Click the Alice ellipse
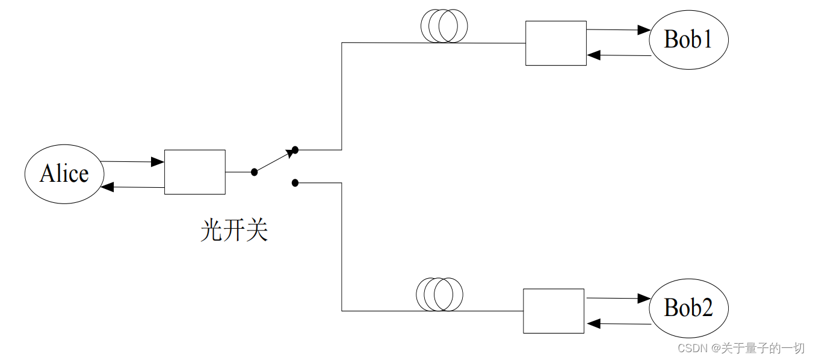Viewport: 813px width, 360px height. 64,173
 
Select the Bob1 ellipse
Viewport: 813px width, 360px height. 688,40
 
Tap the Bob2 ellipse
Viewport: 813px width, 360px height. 688,308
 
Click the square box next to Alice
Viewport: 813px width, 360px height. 195,172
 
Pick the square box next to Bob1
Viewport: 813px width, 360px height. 555,43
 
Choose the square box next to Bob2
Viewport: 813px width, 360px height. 553,311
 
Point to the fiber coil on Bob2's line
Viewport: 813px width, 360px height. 440,294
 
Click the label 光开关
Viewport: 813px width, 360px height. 233,231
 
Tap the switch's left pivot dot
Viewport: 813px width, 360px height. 254,172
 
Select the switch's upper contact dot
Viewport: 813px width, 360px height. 295,149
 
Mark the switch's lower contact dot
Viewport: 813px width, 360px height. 295,182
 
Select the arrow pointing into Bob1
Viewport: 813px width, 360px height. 619,29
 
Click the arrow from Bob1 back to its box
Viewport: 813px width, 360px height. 619,55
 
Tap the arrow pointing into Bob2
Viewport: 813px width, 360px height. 619,298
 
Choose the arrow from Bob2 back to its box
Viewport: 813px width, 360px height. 619,324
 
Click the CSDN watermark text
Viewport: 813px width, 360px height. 741,348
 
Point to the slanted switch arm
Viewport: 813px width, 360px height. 274,161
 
